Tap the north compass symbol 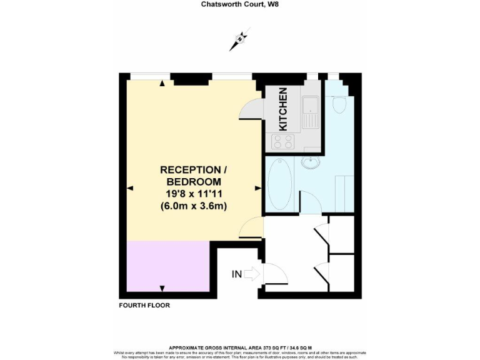point(240,40)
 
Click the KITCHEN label point(283,109)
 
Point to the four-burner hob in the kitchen point(282,143)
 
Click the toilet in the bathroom point(340,105)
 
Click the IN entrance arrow point(252,273)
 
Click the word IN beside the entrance point(237,274)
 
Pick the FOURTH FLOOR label point(144,306)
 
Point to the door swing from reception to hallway point(251,226)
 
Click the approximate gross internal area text point(240,347)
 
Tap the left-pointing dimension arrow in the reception point(130,187)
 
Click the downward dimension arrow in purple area point(162,287)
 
